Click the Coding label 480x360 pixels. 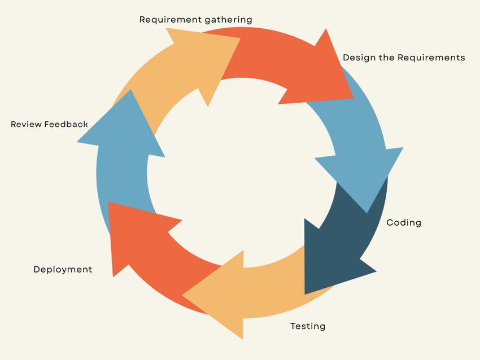pyautogui.click(x=404, y=222)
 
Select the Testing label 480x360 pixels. pyautogui.click(x=308, y=326)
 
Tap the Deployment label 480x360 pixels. pyautogui.click(x=63, y=270)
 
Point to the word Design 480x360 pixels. pyautogui.click(x=359, y=58)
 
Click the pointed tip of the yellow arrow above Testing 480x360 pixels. pyautogui.click(x=184, y=295)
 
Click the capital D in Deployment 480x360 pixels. pyautogui.click(x=37, y=270)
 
